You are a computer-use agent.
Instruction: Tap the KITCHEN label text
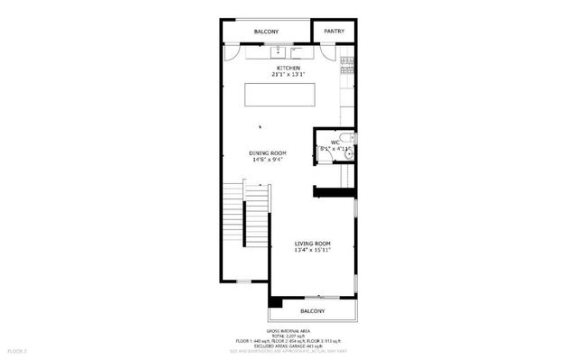click(x=288, y=68)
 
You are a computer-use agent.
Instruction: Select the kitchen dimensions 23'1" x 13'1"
click(x=288, y=75)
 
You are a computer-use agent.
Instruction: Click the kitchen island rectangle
click(x=280, y=95)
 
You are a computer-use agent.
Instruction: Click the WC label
click(x=334, y=142)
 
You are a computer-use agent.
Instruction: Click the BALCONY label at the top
click(x=266, y=32)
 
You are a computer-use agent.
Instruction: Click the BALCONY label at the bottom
click(x=313, y=312)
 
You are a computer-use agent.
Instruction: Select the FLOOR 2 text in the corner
click(x=18, y=348)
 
